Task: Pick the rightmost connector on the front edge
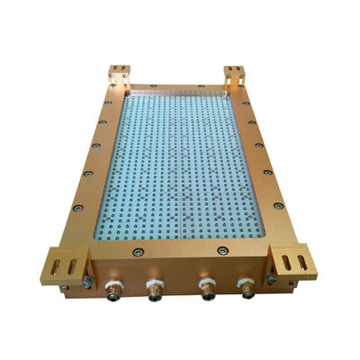pyautogui.click(x=245, y=288)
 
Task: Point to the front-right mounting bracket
pyautogui.click(x=293, y=262)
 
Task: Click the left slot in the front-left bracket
pyautogui.click(x=59, y=267)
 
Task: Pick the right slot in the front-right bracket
pyautogui.click(x=301, y=261)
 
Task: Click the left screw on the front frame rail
pyautogui.click(x=137, y=253)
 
